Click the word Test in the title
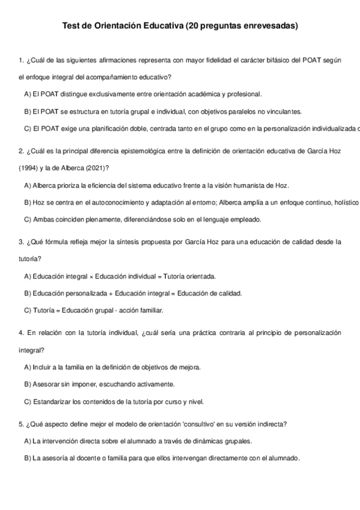click(x=71, y=26)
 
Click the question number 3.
click(x=21, y=242)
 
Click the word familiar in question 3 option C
click(x=150, y=310)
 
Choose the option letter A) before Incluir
click(x=28, y=367)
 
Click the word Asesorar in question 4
click(x=47, y=384)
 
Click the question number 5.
click(x=21, y=424)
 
